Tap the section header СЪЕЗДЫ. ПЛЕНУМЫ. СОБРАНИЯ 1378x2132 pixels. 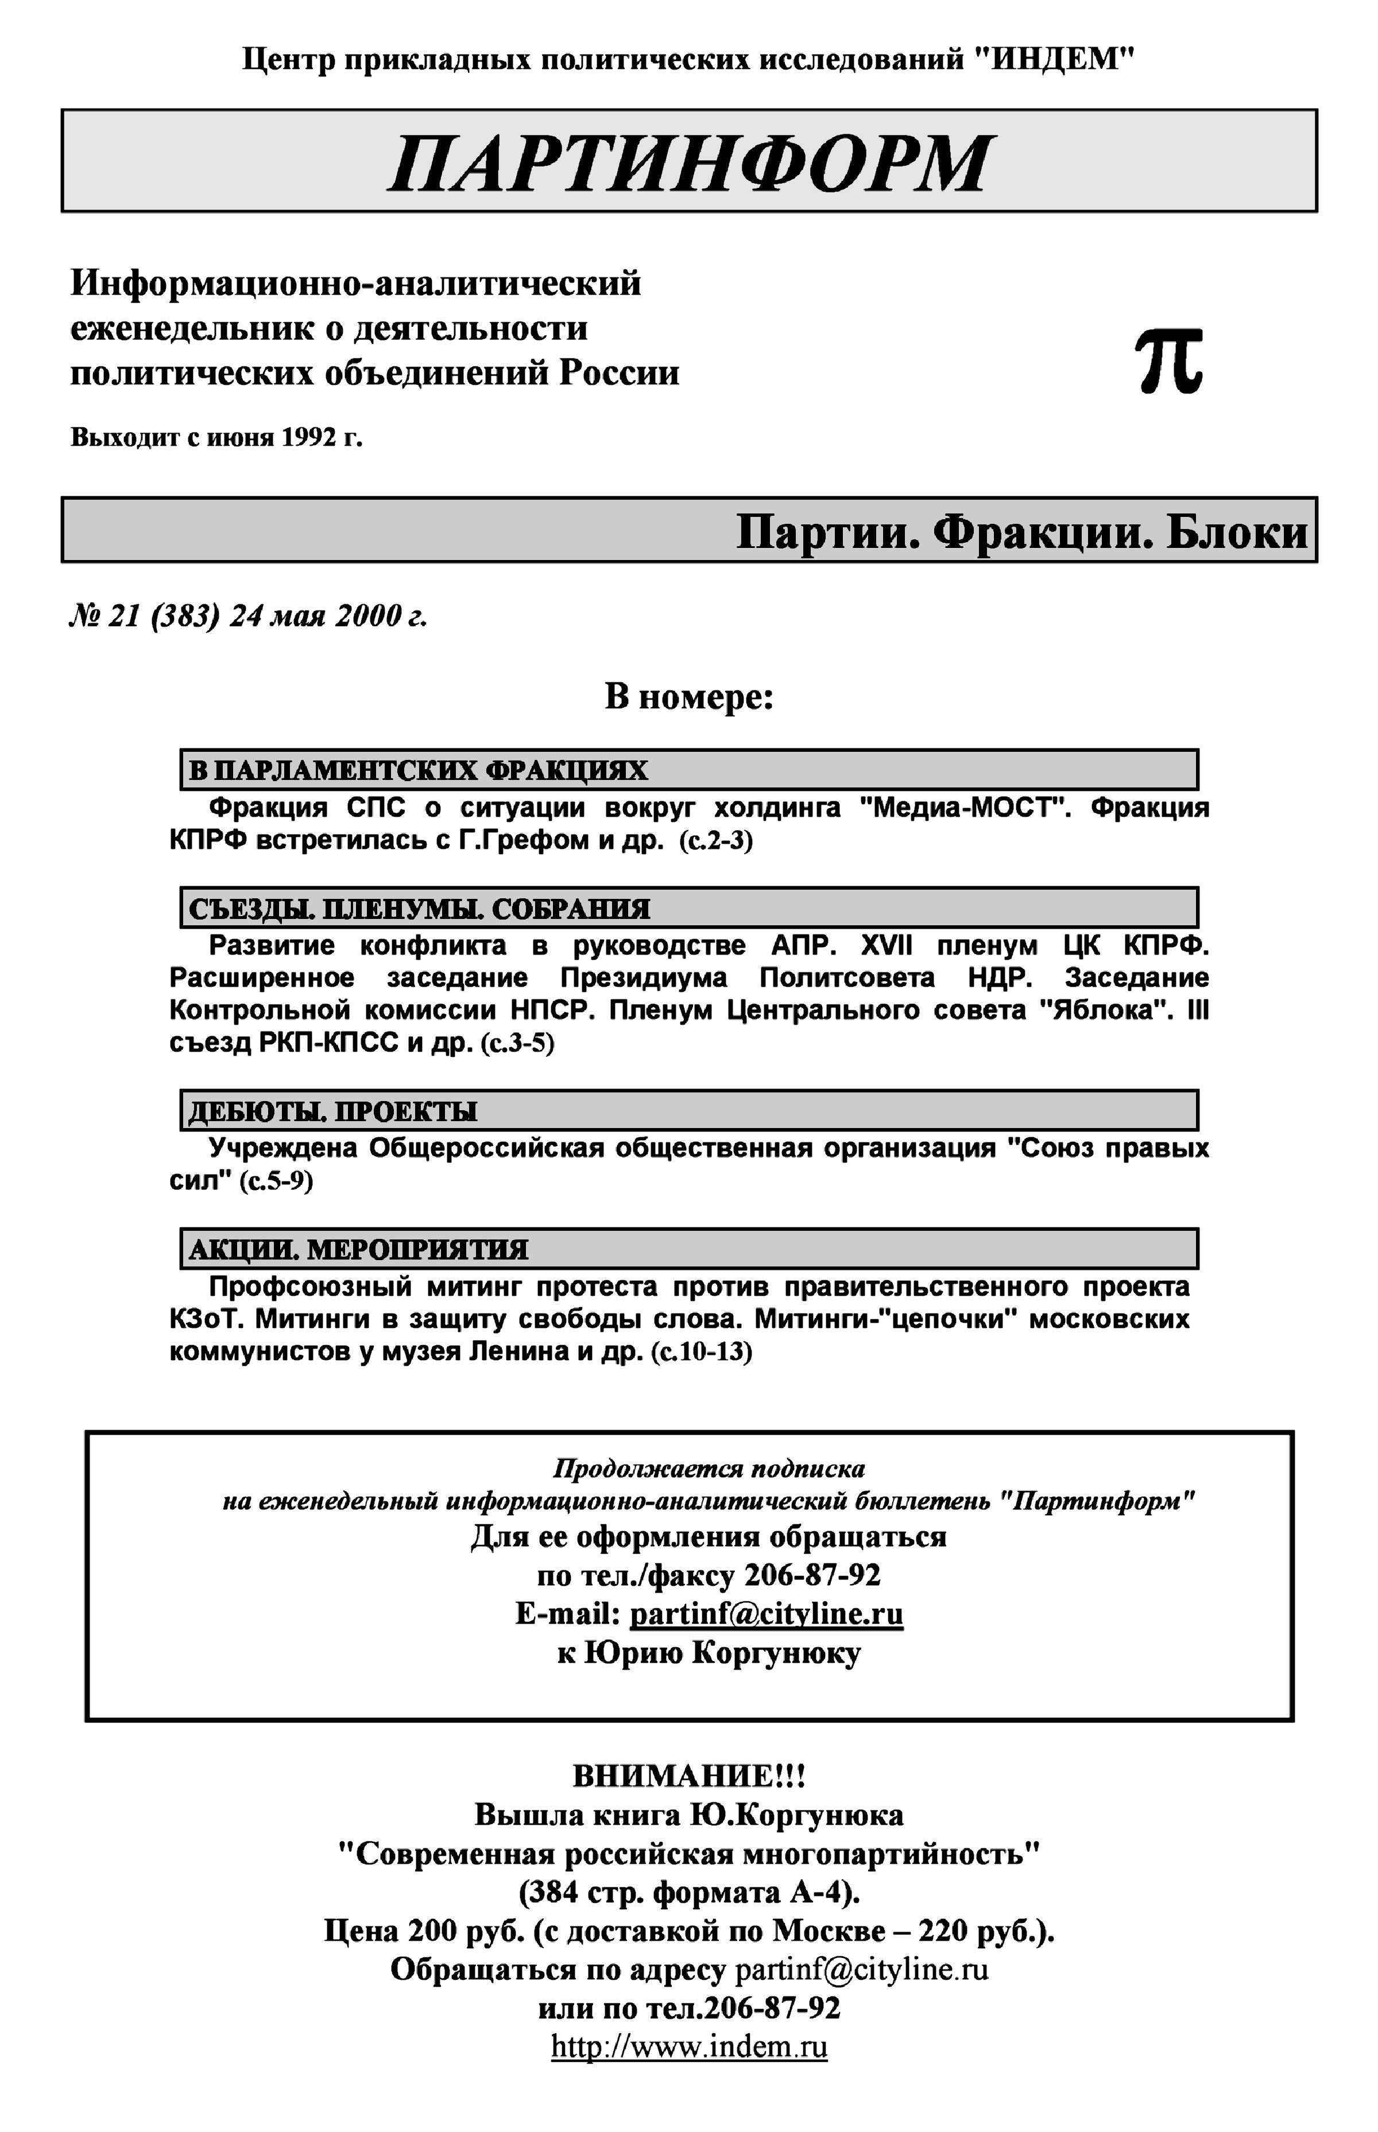coord(419,909)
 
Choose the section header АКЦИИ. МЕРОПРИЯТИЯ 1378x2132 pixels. coord(358,1249)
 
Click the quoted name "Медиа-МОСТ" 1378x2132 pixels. coord(966,808)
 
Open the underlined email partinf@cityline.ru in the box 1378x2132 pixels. coord(766,1614)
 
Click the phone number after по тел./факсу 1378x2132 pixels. coord(812,1574)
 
